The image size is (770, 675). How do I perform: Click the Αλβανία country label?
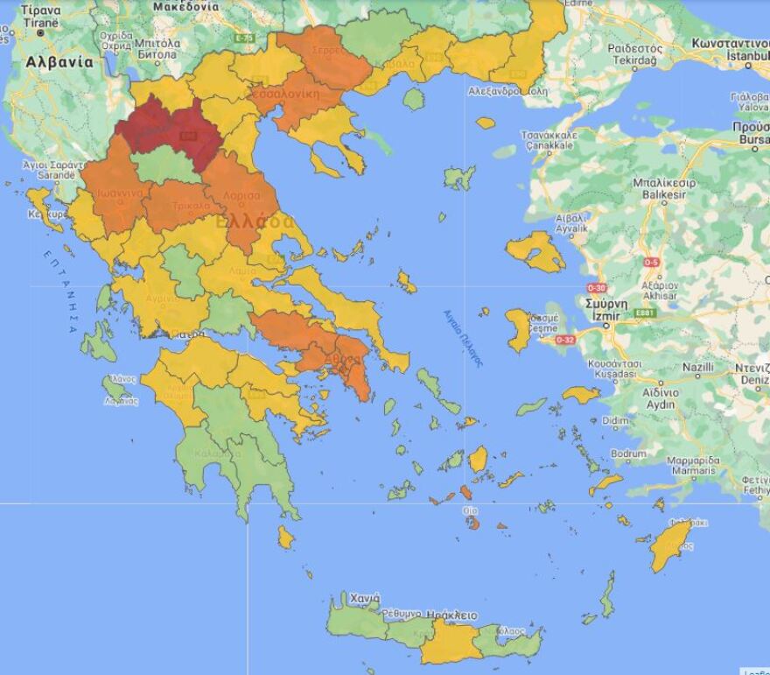[x=59, y=63]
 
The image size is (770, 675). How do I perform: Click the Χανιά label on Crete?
[x=365, y=598]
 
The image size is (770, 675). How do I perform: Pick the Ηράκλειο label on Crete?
[x=454, y=615]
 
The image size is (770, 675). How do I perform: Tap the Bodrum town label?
[x=627, y=454]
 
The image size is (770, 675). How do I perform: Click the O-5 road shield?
[x=651, y=262]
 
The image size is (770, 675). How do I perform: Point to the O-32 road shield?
[x=564, y=340]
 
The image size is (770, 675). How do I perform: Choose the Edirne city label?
[x=578, y=4]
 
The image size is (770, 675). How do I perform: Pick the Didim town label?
[x=615, y=420]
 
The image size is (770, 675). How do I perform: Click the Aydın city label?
[x=660, y=405]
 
